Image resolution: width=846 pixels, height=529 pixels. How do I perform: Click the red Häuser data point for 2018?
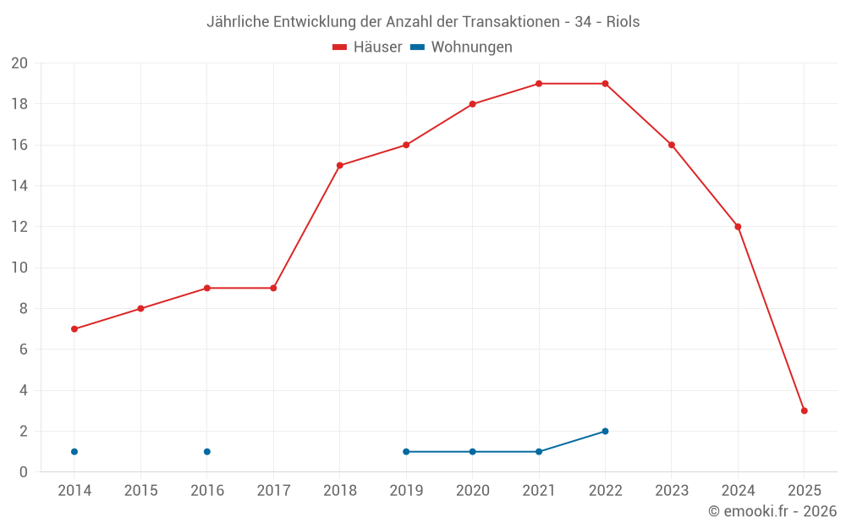coord(339,165)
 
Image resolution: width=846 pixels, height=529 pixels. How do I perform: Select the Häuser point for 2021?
coord(539,84)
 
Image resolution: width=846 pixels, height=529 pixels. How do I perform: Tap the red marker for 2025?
coord(804,411)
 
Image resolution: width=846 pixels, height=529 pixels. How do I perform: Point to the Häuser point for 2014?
coord(74,328)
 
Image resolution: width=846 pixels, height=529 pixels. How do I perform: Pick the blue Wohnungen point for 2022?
coord(605,431)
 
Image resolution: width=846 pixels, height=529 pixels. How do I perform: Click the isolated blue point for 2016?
coord(207,451)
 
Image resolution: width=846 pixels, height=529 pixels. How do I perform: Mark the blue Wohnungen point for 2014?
coord(74,451)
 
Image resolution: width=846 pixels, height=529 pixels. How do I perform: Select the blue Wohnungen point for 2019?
coord(406,451)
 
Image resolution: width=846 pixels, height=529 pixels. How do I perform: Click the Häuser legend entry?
coord(367,47)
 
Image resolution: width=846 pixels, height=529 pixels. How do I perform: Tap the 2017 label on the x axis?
coord(273,491)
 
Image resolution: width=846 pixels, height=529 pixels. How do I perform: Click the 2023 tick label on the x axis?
coord(672,491)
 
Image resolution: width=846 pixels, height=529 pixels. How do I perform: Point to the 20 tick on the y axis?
coord(19,63)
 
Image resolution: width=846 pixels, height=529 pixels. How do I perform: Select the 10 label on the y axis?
coord(19,267)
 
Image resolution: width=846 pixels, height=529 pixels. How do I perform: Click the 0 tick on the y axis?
coord(24,471)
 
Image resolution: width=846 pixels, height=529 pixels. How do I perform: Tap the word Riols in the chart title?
coord(623,22)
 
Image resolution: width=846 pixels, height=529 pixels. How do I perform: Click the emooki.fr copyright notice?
coord(772,511)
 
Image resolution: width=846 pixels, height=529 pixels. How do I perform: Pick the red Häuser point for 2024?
coord(738,226)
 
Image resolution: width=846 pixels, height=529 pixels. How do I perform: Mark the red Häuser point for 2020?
coord(472,104)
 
